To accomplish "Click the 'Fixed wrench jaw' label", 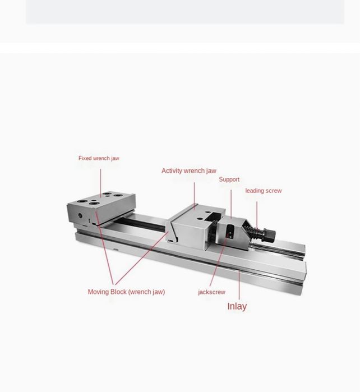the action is coord(99,158).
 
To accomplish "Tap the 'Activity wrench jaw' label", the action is coord(189,170).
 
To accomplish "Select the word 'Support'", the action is coord(229,179).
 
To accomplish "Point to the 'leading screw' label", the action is coord(263,191).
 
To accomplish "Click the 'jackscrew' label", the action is coord(211,292).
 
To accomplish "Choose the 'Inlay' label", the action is coord(237,306).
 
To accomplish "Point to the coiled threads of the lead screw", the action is coord(253,233).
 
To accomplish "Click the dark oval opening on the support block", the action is coord(230,232).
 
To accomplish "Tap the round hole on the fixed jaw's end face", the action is coord(80,215).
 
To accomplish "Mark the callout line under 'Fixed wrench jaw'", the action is coord(100,183).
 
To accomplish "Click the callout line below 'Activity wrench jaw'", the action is coord(194,196).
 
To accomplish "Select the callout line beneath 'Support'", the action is coord(231,204).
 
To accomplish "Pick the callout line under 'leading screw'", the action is coord(257,215).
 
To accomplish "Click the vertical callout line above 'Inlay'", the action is coord(239,286).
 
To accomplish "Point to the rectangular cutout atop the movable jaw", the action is coord(213,217).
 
